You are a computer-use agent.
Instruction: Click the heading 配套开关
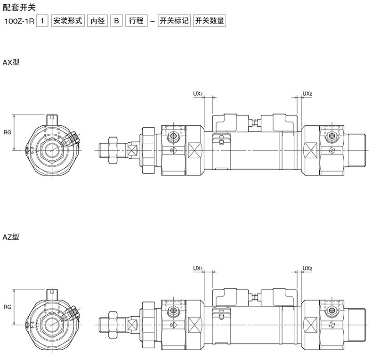pyautogui.click(x=19, y=8)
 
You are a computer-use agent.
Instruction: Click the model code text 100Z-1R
pyautogui.click(x=19, y=21)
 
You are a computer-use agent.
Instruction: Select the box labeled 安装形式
pyautogui.click(x=68, y=21)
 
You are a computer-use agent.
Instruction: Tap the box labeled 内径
pyautogui.click(x=97, y=21)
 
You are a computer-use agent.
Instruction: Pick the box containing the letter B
pyautogui.click(x=116, y=21)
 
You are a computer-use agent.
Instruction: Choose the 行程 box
pyautogui.click(x=136, y=21)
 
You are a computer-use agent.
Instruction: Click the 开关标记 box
pyautogui.click(x=174, y=21)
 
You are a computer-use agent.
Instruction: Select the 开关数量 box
pyautogui.click(x=210, y=21)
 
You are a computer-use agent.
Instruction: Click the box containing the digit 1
pyautogui.click(x=42, y=21)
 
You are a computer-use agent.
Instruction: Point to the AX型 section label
pyautogui.click(x=11, y=63)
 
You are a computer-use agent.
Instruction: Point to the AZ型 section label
pyautogui.click(x=11, y=237)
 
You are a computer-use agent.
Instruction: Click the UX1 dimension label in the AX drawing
pyautogui.click(x=198, y=94)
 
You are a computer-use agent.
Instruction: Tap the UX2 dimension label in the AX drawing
pyautogui.click(x=307, y=94)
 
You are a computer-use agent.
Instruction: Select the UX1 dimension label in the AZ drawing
pyautogui.click(x=198, y=268)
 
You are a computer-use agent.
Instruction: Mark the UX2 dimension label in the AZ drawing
pyautogui.click(x=307, y=268)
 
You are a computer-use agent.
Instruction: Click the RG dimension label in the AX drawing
pyautogui.click(x=8, y=132)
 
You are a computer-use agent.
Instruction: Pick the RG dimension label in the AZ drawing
pyautogui.click(x=8, y=307)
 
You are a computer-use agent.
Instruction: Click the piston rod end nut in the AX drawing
pyautogui.click(x=113, y=150)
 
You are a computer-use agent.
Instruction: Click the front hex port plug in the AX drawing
pyautogui.click(x=173, y=136)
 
